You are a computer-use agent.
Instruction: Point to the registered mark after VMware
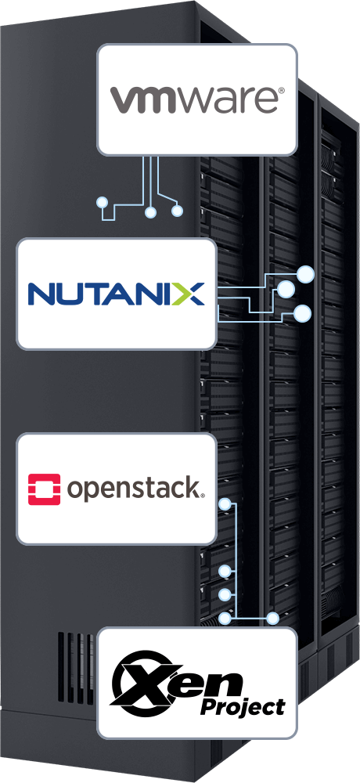click(281, 90)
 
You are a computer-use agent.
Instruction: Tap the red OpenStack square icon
click(44, 489)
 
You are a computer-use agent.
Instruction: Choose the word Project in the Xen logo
click(243, 706)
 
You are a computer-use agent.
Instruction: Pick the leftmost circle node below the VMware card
click(103, 203)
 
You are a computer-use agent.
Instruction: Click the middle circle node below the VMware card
click(150, 212)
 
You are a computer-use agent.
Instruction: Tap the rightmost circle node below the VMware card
click(177, 211)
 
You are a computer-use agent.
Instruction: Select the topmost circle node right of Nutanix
click(305, 274)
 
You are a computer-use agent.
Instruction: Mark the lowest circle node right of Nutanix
click(302, 314)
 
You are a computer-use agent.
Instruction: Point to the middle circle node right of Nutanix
click(286, 289)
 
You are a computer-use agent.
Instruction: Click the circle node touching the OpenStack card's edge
click(225, 504)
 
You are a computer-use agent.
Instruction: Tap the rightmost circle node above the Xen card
click(272, 619)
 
